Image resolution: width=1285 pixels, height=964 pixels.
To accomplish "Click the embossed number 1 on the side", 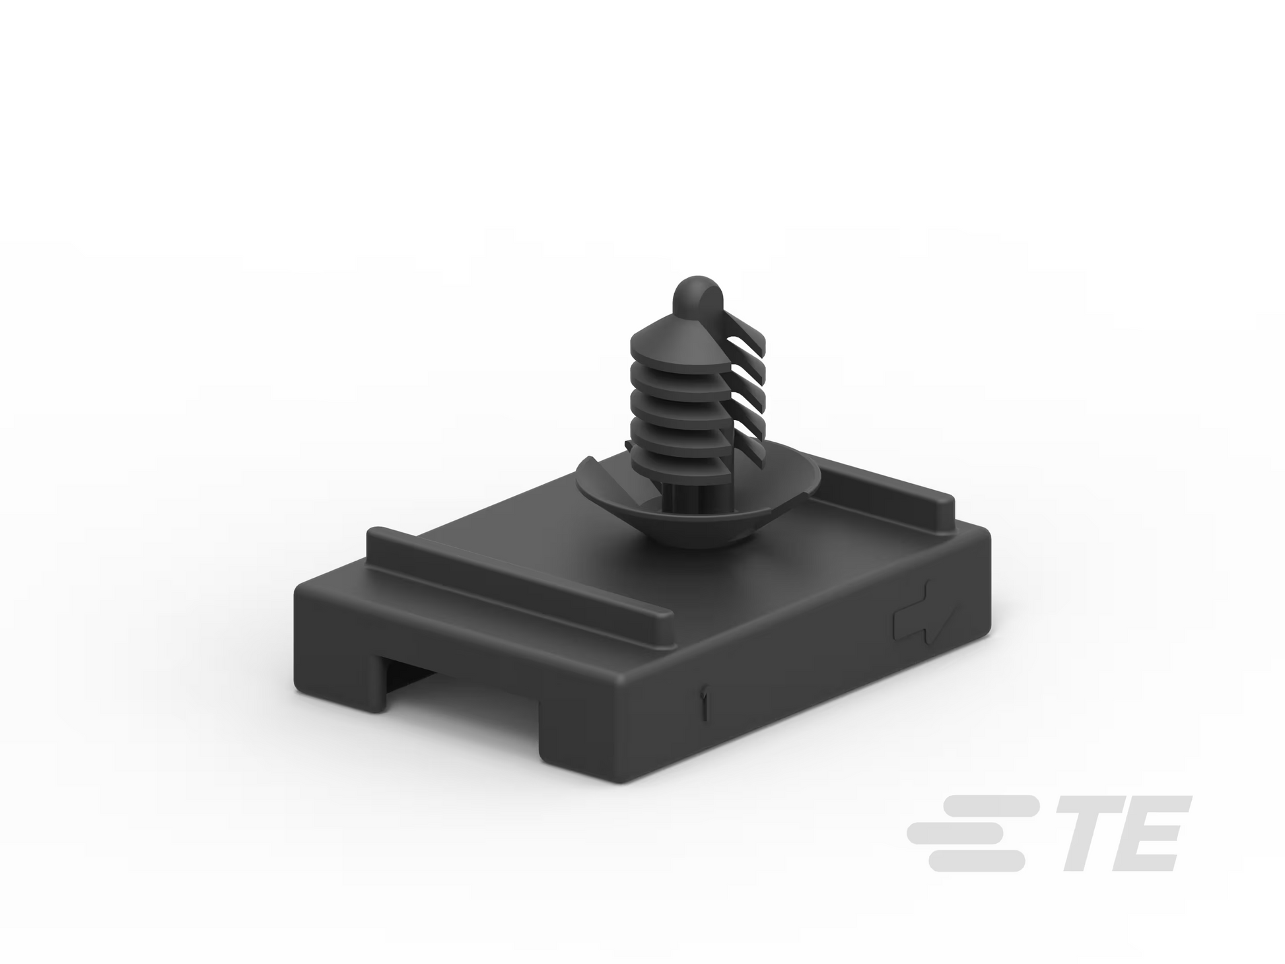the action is [706, 703].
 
